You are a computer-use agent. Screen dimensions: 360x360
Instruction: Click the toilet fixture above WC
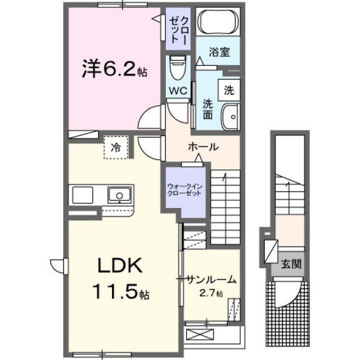(178, 69)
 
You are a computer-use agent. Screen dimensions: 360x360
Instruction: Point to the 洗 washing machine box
(229, 88)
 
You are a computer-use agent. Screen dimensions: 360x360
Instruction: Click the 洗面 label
(208, 110)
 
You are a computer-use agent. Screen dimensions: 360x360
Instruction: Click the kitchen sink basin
(119, 195)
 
